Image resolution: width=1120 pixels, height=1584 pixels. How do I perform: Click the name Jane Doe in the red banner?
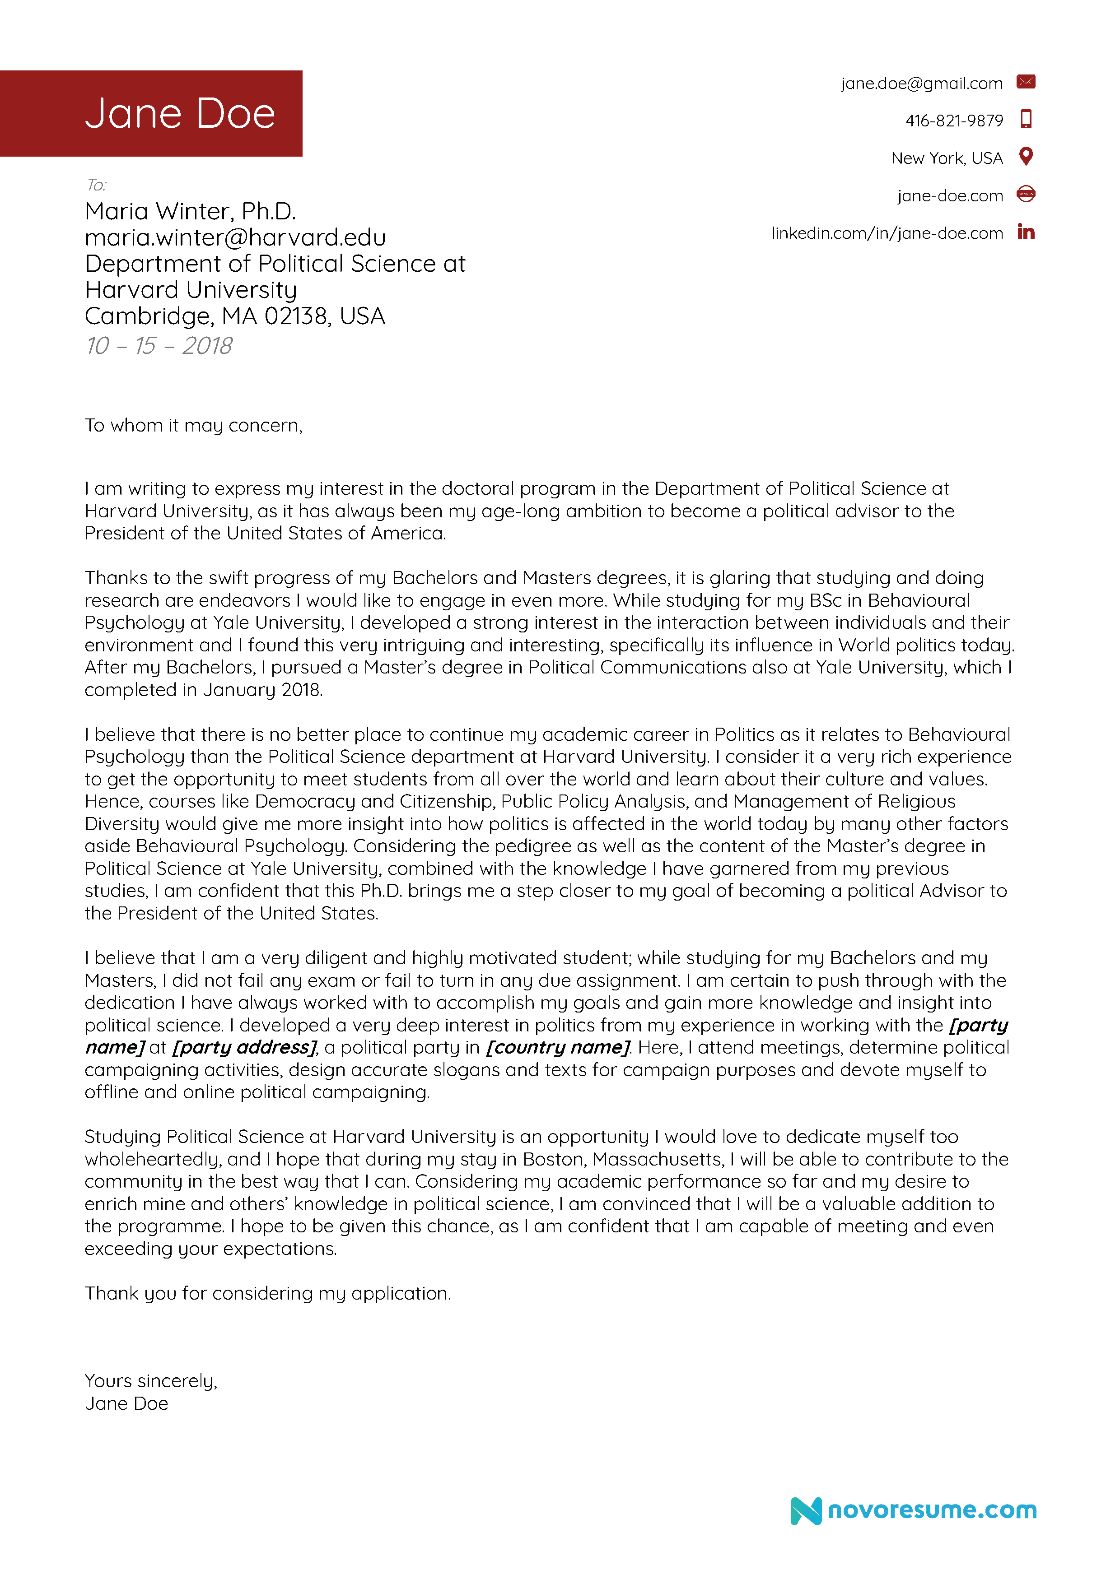click(179, 113)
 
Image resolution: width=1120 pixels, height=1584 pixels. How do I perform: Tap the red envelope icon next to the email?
click(1026, 82)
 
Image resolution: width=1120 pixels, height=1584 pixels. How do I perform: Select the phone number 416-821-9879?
click(954, 121)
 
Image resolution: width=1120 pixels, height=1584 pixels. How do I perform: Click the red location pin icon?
click(1026, 157)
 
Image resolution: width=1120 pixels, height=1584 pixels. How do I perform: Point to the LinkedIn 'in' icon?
click(1026, 232)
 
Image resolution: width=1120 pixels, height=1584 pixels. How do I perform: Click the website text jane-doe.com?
click(950, 196)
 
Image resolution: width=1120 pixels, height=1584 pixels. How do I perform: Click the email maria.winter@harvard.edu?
click(235, 237)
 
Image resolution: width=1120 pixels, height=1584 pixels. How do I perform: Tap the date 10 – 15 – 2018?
click(159, 346)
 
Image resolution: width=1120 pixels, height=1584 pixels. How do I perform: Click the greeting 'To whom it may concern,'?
click(193, 426)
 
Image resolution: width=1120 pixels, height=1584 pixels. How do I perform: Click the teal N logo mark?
click(805, 1511)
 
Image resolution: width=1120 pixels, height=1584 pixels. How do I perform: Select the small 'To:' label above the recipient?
click(96, 185)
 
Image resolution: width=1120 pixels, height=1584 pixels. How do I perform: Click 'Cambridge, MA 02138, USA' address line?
click(235, 316)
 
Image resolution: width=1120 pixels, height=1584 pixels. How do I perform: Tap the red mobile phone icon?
click(1026, 119)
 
